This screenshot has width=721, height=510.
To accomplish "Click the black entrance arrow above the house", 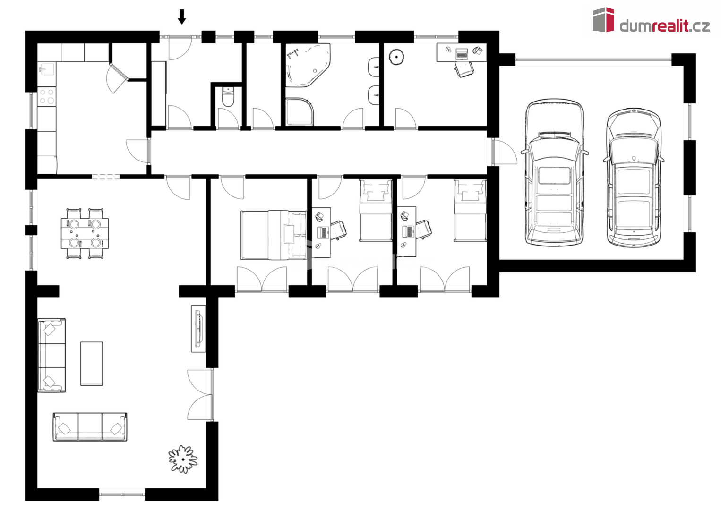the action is tap(182, 17).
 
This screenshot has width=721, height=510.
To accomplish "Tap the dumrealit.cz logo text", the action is tap(664, 26).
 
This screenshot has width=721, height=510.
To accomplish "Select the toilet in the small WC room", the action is tap(228, 96).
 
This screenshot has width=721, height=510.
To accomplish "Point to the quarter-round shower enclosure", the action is tap(300, 111).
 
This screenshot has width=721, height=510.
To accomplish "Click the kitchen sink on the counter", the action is tap(46, 69).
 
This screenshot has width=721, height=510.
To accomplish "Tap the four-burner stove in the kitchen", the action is tap(47, 97).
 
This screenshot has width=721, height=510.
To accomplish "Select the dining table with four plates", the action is tap(85, 234).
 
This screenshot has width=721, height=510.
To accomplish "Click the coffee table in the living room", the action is tap(91, 364).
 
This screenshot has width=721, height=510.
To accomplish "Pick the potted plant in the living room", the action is tap(183, 459).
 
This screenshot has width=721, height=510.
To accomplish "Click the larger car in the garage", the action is tap(554, 172).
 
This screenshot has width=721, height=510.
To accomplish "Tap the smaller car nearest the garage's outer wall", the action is tap(634, 178).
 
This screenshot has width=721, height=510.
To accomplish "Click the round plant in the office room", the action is tap(396, 57).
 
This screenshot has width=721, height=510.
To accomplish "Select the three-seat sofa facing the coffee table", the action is tap(90, 427).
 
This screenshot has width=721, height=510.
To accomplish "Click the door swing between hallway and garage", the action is tap(505, 152).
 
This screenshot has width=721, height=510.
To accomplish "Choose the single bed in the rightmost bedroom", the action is tap(470, 211).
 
